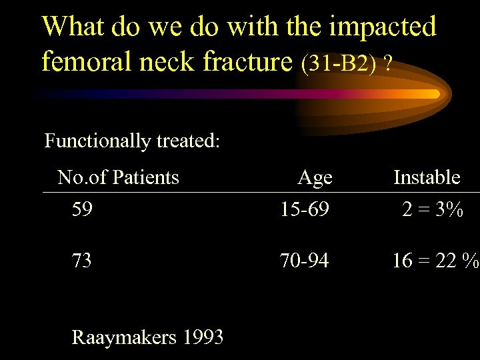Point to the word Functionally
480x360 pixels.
coord(97,141)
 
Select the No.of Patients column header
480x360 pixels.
coord(118,177)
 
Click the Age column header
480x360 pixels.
coord(315,177)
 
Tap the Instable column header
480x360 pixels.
coord(427,177)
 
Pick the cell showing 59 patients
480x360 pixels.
coord(82,210)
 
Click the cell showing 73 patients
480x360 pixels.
coord(82,261)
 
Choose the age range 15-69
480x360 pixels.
coord(304,210)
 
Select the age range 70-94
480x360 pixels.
coord(304,261)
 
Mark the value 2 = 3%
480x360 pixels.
coord(433,210)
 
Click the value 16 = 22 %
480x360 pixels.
coord(435,261)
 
